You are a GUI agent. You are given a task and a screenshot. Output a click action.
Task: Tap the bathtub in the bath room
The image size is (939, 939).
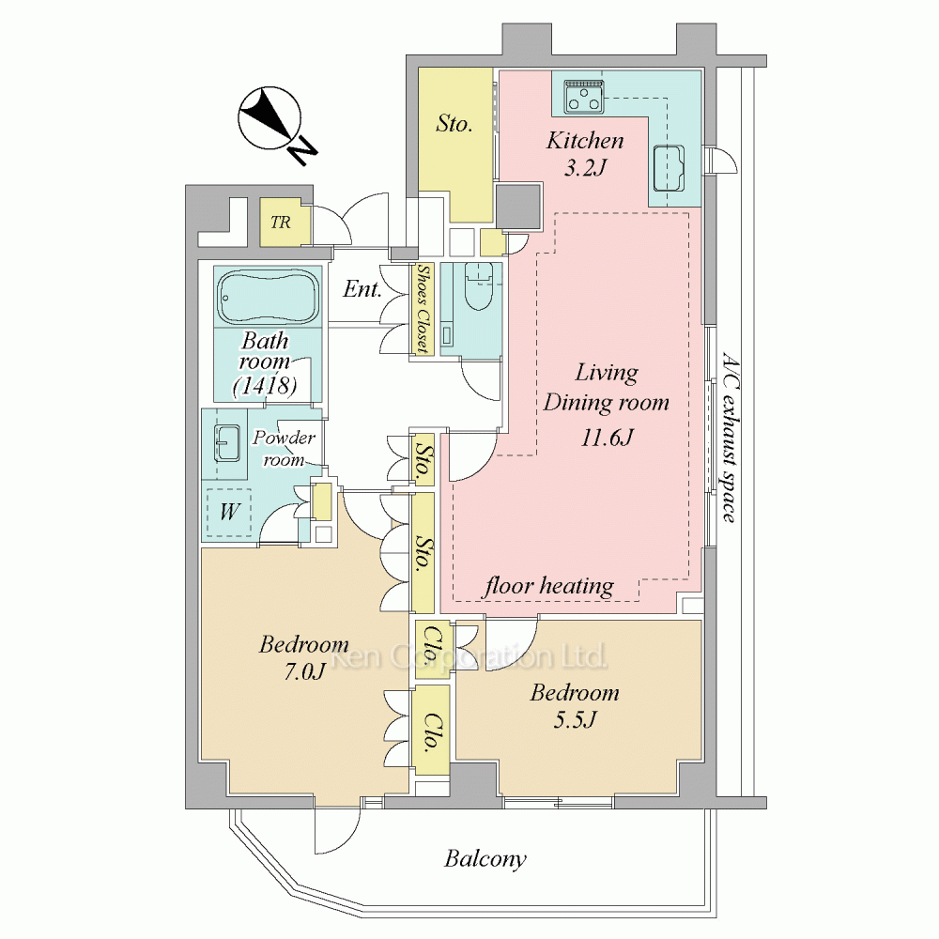[268, 297]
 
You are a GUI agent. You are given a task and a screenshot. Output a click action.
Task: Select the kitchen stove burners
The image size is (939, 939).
[583, 97]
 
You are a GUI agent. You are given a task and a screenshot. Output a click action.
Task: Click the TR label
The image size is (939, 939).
[280, 223]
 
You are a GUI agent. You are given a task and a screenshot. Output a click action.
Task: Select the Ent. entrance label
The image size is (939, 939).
[362, 290]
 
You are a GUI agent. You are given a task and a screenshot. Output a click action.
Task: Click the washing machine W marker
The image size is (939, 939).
[229, 512]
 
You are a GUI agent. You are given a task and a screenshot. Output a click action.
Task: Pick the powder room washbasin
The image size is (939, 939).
[227, 443]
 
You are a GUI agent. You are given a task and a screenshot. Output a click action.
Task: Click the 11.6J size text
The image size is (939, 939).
[607, 438]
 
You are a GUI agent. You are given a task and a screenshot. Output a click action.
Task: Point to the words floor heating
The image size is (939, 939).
[549, 585]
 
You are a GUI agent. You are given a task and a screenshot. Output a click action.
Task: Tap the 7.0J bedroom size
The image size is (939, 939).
[305, 672]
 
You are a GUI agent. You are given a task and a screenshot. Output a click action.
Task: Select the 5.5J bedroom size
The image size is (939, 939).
[575, 720]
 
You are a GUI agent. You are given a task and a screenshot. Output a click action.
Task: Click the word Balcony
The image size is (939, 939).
[485, 859]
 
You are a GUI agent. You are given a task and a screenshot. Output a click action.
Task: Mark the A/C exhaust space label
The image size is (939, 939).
[729, 438]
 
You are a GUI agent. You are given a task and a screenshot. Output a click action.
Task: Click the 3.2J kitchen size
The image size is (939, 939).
[586, 167]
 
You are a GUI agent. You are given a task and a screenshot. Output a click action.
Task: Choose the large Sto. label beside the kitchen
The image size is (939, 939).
[454, 123]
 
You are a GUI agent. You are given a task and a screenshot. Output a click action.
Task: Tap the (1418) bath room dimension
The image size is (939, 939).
[266, 385]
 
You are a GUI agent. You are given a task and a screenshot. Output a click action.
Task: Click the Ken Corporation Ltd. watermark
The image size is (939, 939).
[469, 657]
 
